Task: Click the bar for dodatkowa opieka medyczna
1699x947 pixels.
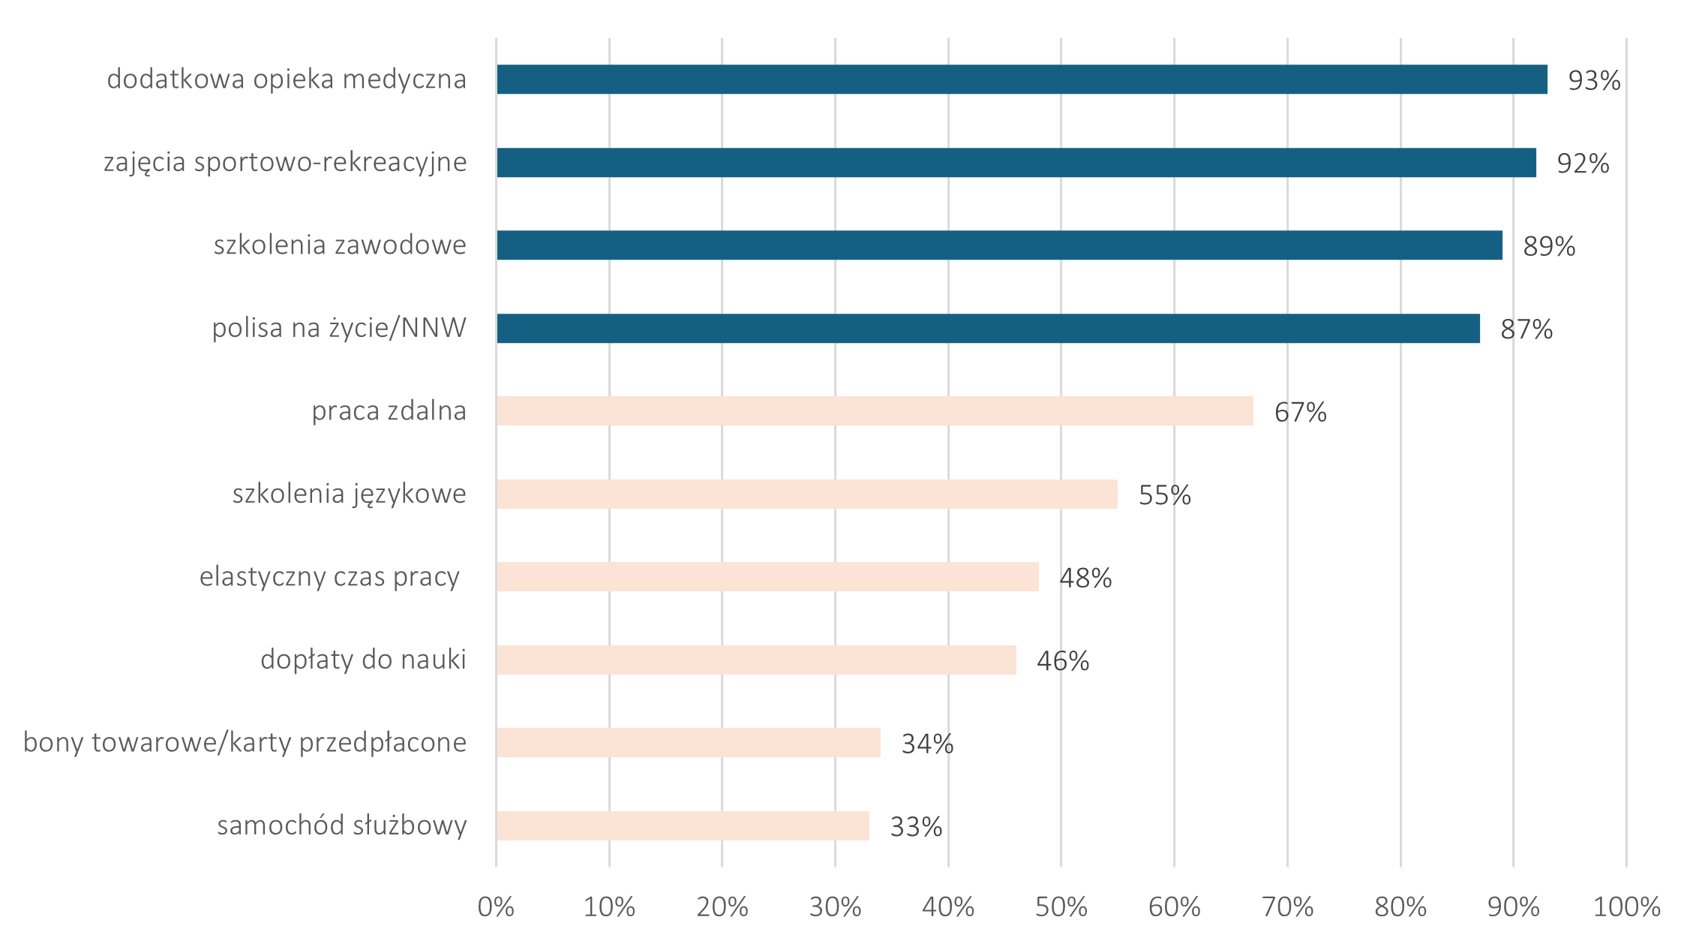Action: click(x=1021, y=80)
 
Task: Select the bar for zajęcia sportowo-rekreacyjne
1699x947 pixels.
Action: click(x=1016, y=163)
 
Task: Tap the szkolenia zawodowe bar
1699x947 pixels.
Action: click(x=999, y=245)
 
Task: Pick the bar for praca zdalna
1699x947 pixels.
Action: click(x=875, y=411)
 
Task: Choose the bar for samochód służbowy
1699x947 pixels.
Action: click(x=683, y=825)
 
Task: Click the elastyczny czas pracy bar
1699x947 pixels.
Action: click(x=767, y=577)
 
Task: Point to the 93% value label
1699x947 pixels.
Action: click(x=1594, y=80)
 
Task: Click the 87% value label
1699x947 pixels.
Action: click(x=1526, y=329)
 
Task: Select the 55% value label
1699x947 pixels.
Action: click(x=1164, y=495)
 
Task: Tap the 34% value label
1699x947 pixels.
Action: click(x=927, y=744)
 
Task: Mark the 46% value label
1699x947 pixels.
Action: click(x=1063, y=661)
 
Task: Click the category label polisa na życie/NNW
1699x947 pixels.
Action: click(x=339, y=329)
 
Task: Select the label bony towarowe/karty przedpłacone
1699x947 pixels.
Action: click(x=245, y=742)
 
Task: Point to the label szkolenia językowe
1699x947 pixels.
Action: click(x=350, y=495)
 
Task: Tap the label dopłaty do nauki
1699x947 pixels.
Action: click(x=363, y=660)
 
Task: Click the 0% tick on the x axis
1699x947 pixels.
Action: click(x=496, y=907)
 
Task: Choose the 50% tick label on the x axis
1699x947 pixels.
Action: click(x=1061, y=907)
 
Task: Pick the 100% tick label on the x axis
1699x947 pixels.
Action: click(x=1626, y=907)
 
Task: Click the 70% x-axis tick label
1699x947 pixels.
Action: click(x=1287, y=907)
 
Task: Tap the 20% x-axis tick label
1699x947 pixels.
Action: click(x=722, y=907)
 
